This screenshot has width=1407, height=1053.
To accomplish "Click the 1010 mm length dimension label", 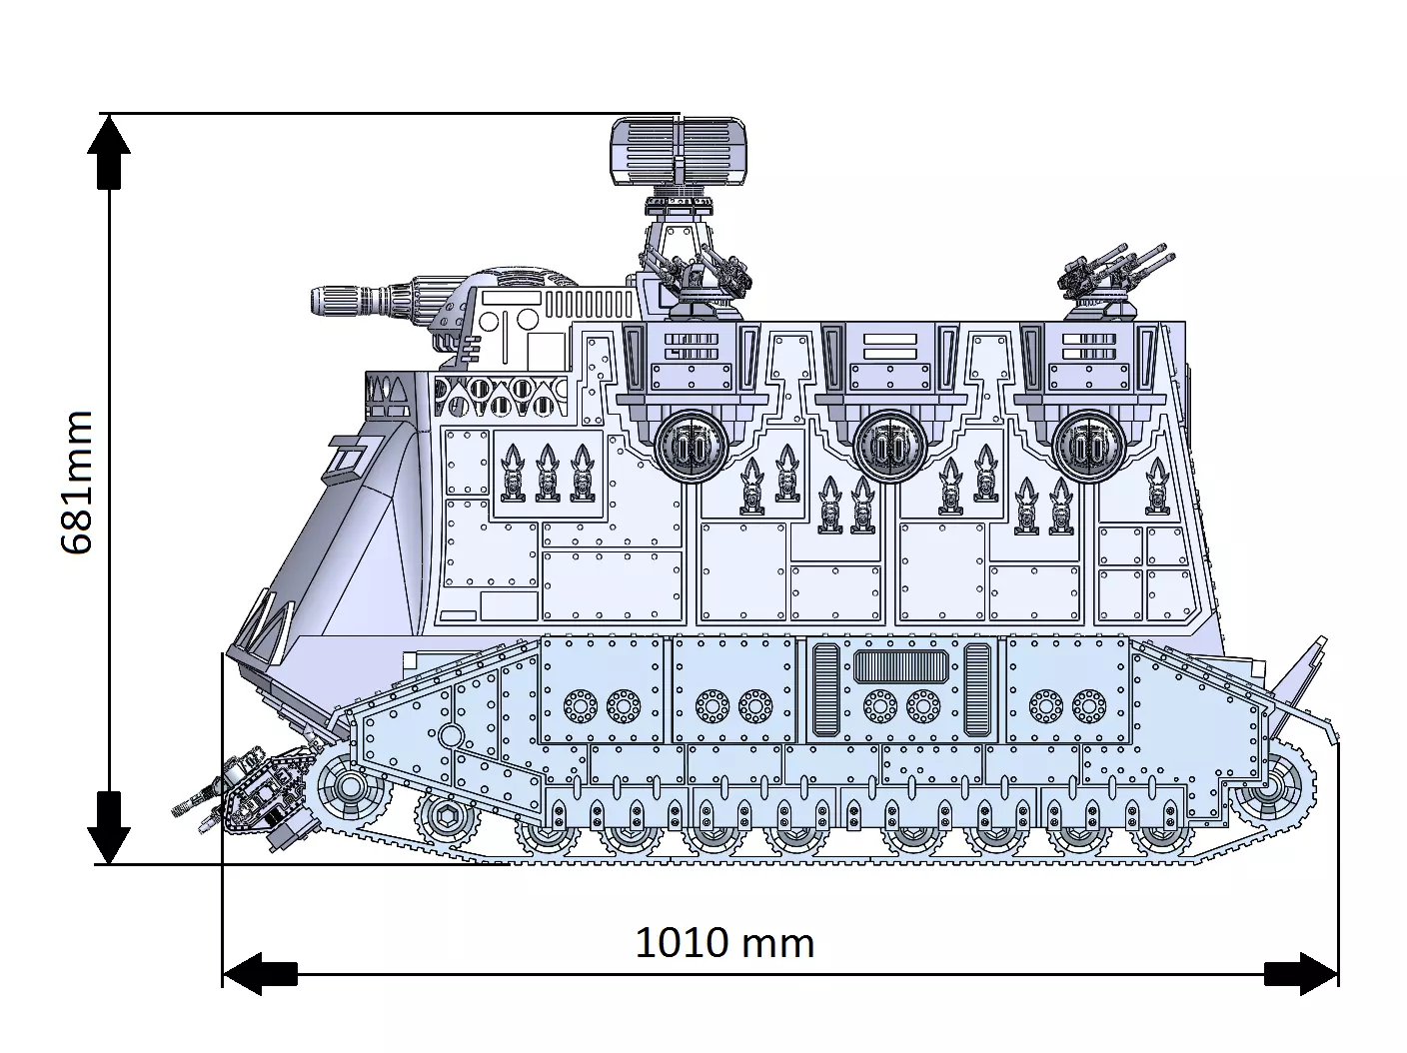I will click(x=724, y=942).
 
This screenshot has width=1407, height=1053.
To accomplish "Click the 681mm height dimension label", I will click(x=77, y=482).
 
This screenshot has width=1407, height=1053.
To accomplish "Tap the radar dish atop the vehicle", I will click(x=678, y=152).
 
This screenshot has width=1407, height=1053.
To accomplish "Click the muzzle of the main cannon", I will click(x=326, y=300).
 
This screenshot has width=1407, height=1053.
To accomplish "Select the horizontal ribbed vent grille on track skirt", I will click(x=901, y=665).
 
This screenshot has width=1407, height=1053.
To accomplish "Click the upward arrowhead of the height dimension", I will click(x=110, y=150).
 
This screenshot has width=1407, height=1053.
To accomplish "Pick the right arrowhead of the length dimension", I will click(x=1303, y=973).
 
